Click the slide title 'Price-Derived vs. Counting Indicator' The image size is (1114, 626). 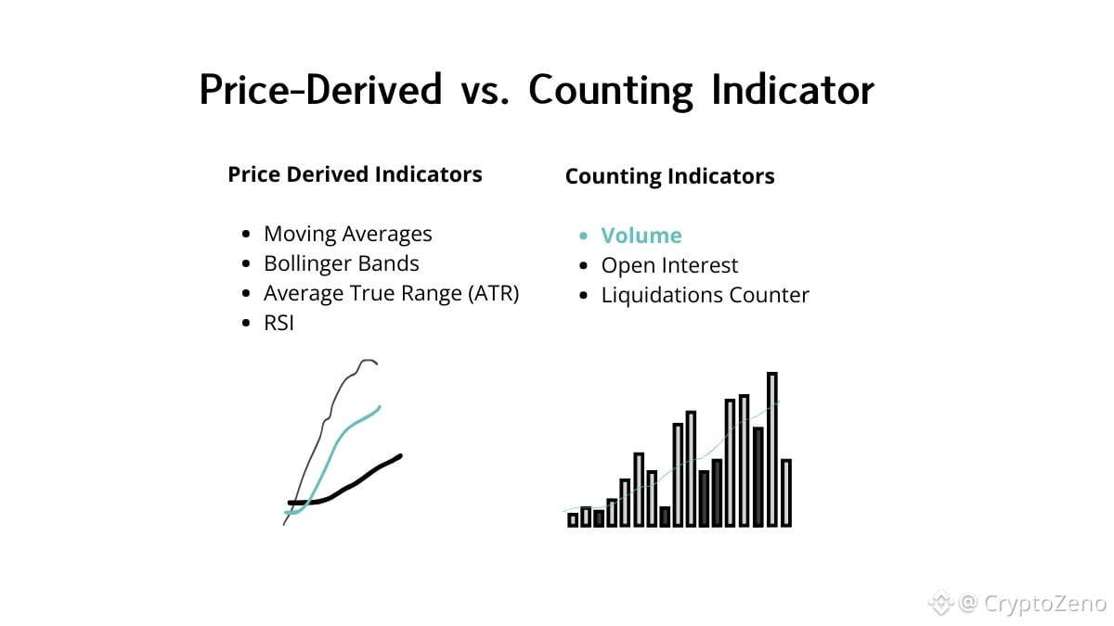(x=537, y=90)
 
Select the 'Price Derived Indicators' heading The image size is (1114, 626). (x=355, y=174)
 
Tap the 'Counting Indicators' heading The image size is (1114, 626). (x=670, y=176)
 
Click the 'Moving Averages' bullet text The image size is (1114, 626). (x=347, y=234)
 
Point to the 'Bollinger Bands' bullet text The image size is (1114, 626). (x=342, y=263)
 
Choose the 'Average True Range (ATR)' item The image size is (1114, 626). (x=392, y=294)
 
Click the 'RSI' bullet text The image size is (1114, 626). (x=279, y=324)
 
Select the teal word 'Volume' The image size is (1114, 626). (x=641, y=236)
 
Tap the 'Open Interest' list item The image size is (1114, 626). (x=669, y=266)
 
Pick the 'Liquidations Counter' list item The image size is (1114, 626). (x=706, y=295)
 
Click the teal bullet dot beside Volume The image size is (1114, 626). (x=583, y=236)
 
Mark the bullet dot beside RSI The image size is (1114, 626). (x=246, y=324)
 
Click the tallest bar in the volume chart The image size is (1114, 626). (x=771, y=449)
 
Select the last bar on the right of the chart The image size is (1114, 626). (x=786, y=492)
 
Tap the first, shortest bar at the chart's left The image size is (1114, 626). (x=573, y=520)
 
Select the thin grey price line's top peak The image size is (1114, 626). (x=368, y=360)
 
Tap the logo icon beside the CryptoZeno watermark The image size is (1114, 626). (x=940, y=603)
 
